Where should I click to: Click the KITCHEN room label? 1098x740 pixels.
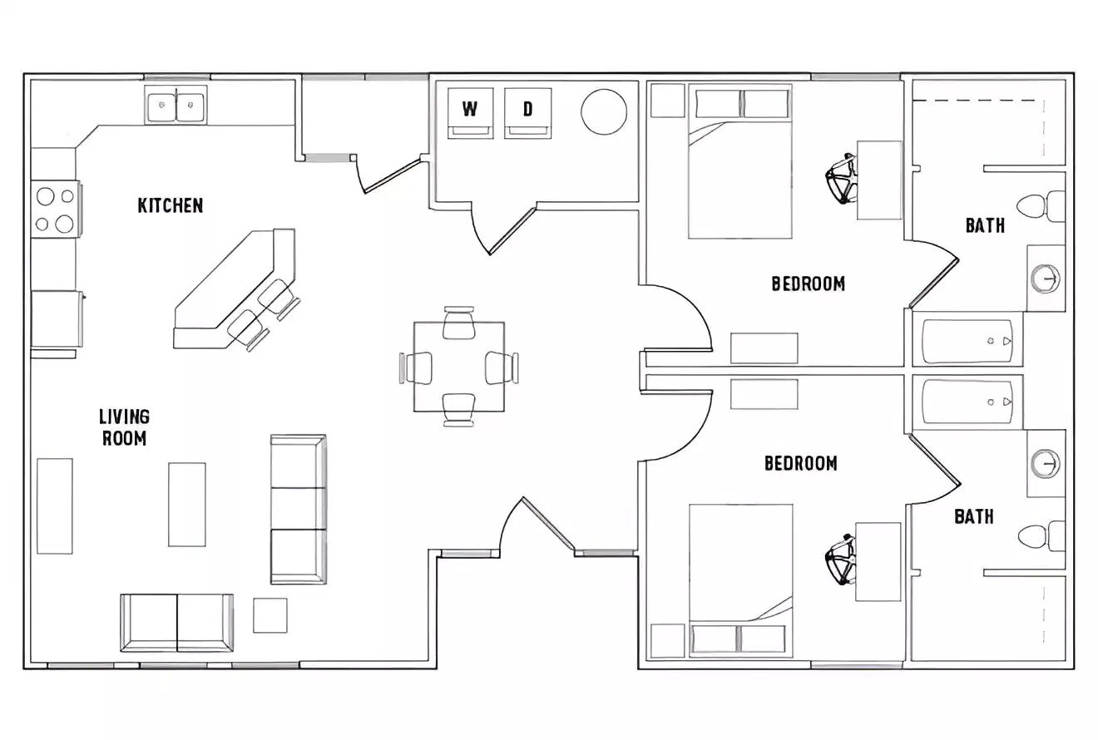click(170, 205)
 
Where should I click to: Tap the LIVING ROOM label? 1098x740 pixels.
click(124, 427)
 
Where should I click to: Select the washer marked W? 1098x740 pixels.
click(470, 113)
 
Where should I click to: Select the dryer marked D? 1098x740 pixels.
click(527, 113)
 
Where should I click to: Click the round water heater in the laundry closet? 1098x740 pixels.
click(603, 111)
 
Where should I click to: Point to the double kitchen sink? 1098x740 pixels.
click(176, 106)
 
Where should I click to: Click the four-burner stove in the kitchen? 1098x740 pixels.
click(55, 210)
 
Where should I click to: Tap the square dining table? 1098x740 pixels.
click(459, 367)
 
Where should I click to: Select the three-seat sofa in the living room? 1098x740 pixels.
click(298, 508)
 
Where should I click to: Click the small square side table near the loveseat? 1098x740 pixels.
click(270, 615)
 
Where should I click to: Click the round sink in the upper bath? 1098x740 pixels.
click(1046, 278)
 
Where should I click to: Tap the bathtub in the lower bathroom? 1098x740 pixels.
click(967, 402)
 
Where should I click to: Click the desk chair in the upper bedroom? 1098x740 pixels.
click(842, 179)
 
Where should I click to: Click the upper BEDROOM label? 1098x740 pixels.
click(808, 284)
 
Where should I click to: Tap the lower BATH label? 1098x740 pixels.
click(973, 516)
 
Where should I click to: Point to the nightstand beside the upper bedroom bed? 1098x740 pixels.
click(666, 101)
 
